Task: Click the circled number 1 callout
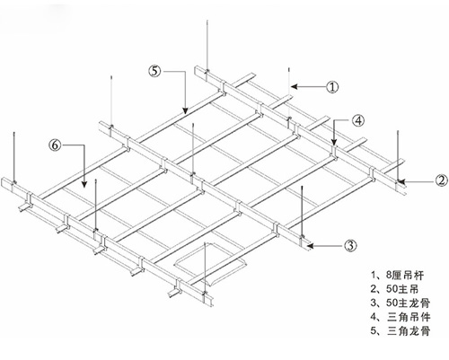coord(332,87)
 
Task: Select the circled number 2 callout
coord(442,180)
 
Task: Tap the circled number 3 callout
coord(350,246)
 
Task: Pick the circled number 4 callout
coord(358,121)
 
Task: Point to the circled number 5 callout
coord(154,71)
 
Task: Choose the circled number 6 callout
coord(55,145)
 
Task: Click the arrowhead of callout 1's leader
coord(294,87)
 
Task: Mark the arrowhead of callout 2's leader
coord(401,181)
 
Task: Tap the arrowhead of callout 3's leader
coord(310,246)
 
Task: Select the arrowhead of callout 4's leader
coord(334,142)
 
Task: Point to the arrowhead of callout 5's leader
coord(185,110)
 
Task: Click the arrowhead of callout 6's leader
coord(84,184)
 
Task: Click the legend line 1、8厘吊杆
coord(397,275)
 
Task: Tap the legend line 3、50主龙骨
coord(401,303)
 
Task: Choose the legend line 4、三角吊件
coord(401,317)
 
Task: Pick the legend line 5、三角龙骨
coord(401,330)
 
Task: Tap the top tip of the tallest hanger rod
coord(207,21)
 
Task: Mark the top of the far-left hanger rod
coord(14,133)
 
